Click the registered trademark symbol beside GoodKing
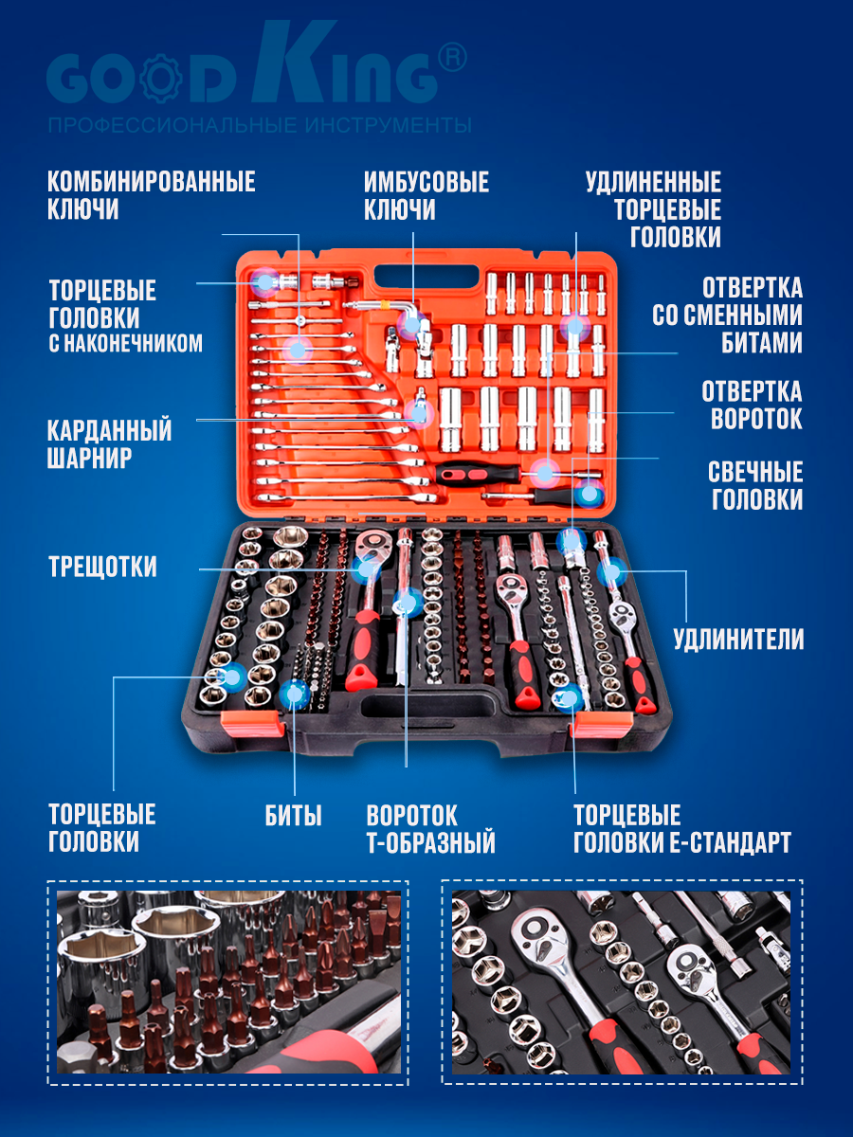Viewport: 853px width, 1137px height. (452, 58)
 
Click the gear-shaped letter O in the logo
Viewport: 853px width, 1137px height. (161, 79)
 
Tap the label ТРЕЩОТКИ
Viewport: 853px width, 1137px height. (102, 567)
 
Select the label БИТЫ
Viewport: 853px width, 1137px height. (293, 816)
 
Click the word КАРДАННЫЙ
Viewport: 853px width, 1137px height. (109, 430)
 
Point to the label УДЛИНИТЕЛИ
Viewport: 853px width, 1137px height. (738, 639)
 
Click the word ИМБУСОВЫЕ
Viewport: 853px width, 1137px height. (426, 182)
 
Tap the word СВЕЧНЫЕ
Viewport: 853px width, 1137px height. (755, 472)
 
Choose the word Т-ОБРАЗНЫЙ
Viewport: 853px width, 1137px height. (431, 842)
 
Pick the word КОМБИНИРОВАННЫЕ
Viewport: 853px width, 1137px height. (152, 182)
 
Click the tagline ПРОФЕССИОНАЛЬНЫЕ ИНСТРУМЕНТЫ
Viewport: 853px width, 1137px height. (260, 126)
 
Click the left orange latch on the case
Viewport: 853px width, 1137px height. (253, 724)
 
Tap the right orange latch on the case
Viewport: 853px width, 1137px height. (601, 724)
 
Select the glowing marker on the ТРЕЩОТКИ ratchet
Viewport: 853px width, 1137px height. (366, 568)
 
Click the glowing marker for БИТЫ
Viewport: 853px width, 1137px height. (294, 694)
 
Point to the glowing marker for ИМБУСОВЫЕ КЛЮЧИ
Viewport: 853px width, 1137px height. (412, 324)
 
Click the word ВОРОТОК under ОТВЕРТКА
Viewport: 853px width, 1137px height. (756, 419)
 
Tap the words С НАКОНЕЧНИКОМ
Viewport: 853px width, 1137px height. (126, 343)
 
